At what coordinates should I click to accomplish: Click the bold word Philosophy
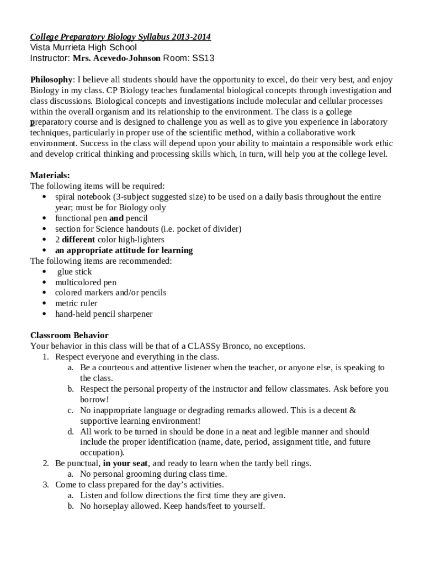[x=51, y=79]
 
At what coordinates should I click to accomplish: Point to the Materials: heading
[x=50, y=175]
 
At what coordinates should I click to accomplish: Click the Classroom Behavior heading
[x=69, y=335]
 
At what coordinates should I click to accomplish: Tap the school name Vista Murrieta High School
[x=83, y=47]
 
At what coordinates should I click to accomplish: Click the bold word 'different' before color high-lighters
[x=78, y=240]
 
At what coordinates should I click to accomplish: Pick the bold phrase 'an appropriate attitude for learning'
[x=124, y=250]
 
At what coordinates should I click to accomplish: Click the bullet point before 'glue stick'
[x=45, y=272]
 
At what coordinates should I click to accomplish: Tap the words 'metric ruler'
[x=76, y=303]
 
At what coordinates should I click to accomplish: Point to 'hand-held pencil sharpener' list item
[x=104, y=315]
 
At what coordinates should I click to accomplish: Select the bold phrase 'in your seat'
[x=126, y=463]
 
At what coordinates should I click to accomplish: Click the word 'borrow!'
[x=94, y=399]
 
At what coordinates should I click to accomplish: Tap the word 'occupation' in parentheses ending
[x=101, y=452]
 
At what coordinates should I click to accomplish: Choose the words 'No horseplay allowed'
[x=120, y=506]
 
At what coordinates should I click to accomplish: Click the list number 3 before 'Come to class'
[x=46, y=485]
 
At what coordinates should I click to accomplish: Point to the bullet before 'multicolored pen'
[x=45, y=282]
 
